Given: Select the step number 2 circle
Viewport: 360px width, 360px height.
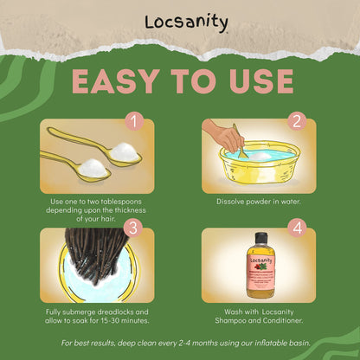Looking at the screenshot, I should pos(297,121).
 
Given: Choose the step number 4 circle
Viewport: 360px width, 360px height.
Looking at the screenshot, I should pos(297,228).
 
